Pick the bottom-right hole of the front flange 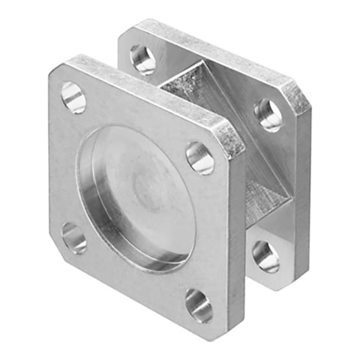click(198, 305)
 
